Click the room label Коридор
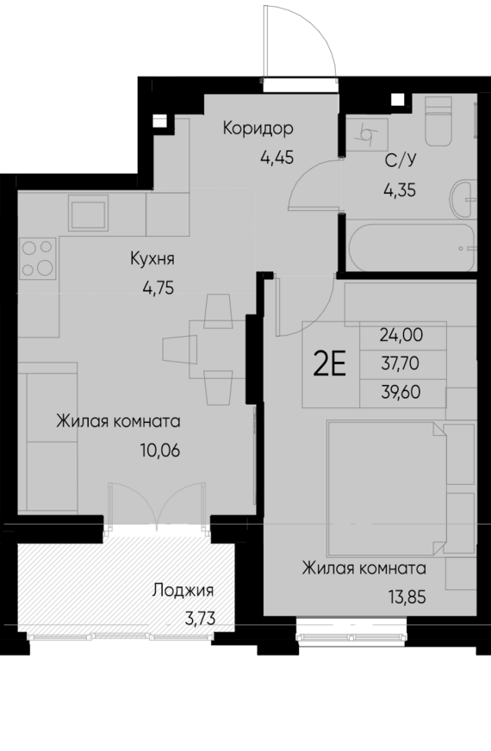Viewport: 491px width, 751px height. [258, 129]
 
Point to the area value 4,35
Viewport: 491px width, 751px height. [400, 189]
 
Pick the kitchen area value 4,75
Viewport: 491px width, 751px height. [158, 288]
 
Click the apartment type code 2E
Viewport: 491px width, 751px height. [329, 365]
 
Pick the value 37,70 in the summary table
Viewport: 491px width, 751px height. [401, 364]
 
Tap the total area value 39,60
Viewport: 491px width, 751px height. [401, 393]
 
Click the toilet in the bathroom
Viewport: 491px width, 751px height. [442, 123]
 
